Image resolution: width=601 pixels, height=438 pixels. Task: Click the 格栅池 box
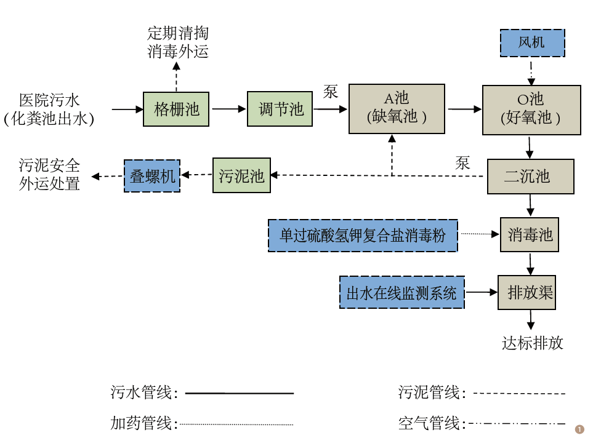coord(177,109)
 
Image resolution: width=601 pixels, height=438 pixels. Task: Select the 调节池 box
coord(281,109)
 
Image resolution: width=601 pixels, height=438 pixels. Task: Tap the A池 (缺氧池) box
coord(397,108)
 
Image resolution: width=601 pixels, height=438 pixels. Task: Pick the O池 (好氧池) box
coord(531,109)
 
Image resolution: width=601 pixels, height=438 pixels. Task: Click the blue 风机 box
coord(532,42)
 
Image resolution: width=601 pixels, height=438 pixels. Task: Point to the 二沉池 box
coord(530,177)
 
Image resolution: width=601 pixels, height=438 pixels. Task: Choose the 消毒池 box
coord(530,234)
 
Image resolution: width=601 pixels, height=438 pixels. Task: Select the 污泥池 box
coord(241,176)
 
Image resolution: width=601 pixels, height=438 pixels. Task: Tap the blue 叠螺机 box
coord(152,176)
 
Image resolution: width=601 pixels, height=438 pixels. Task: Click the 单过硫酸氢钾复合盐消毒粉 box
coord(363,236)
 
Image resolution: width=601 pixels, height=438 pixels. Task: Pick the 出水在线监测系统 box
coord(401,292)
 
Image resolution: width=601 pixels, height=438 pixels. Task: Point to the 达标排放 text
coord(533,343)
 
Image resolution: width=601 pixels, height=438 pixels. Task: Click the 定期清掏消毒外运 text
coord(178,42)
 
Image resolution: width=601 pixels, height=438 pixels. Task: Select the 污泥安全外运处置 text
coord(49,175)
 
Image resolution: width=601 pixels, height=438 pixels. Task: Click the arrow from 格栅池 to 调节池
coord(228,109)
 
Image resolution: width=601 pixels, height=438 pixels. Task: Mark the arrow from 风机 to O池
coord(531,71)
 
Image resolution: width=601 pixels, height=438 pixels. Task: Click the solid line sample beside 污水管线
coord(240,392)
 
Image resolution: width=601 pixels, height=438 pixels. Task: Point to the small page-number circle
coord(579,429)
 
